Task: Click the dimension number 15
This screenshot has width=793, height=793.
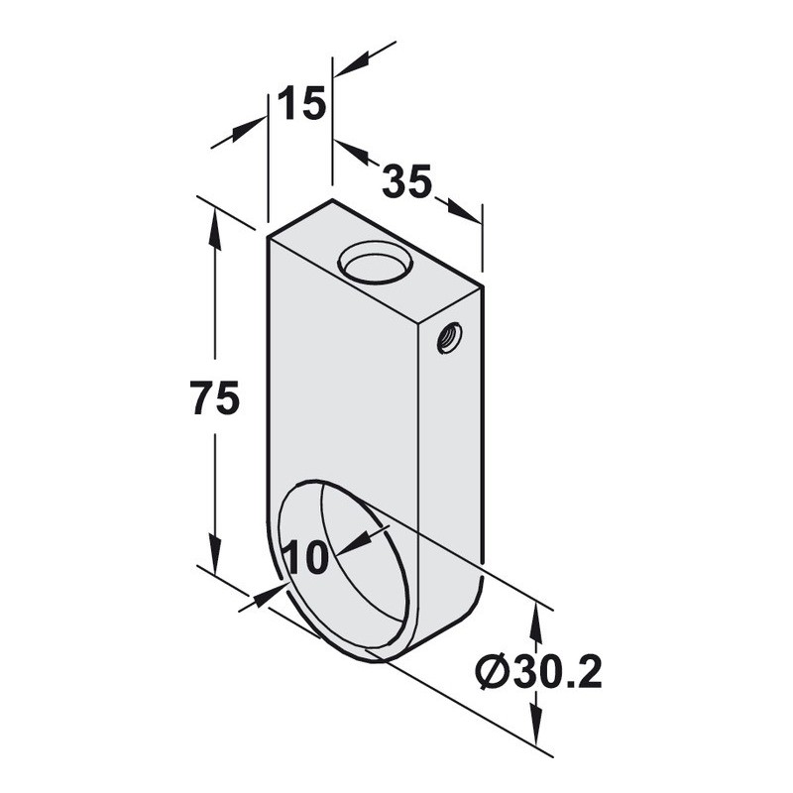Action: coord(301,103)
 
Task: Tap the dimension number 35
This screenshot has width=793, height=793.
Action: coord(407,180)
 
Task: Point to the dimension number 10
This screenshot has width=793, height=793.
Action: coord(307,557)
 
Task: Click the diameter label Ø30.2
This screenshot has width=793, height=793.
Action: coord(539,672)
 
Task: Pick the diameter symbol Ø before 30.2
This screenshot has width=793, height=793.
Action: coord(493,672)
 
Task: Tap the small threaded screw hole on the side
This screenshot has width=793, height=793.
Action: coord(449,338)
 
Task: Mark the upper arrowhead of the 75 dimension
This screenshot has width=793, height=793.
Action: coord(215,228)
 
